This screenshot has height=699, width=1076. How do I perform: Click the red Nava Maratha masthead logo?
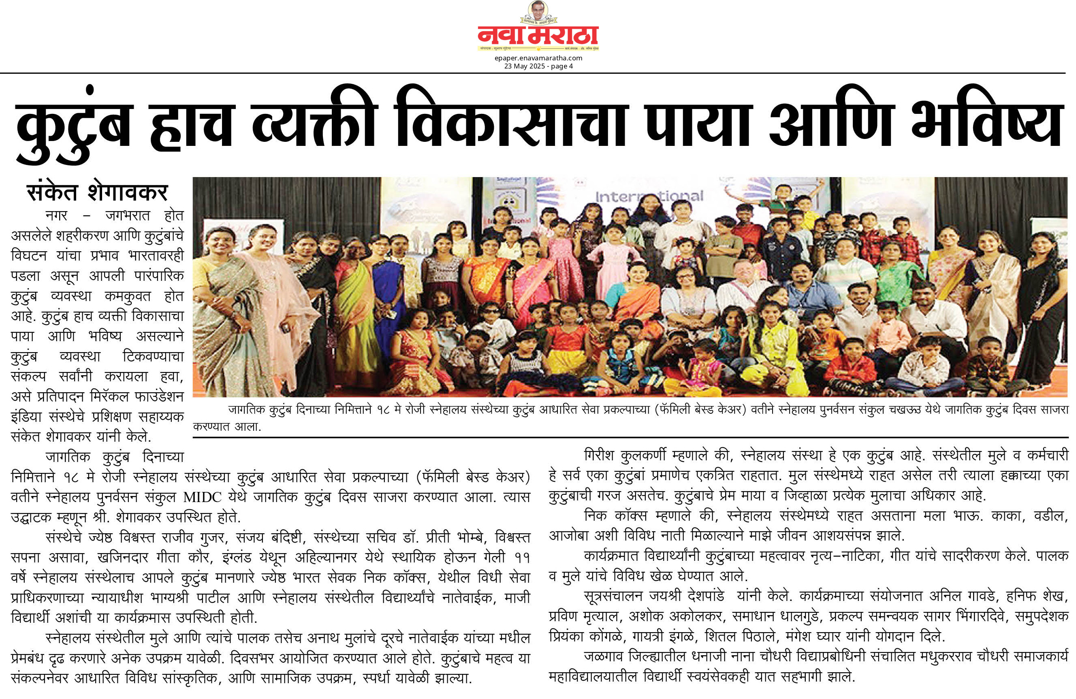(x=538, y=36)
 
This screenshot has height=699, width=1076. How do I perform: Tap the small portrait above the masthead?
(x=538, y=11)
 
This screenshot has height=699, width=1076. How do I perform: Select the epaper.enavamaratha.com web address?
(x=538, y=58)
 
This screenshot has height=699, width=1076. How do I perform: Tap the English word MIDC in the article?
(x=202, y=497)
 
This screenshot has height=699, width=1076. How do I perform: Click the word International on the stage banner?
(x=649, y=197)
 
